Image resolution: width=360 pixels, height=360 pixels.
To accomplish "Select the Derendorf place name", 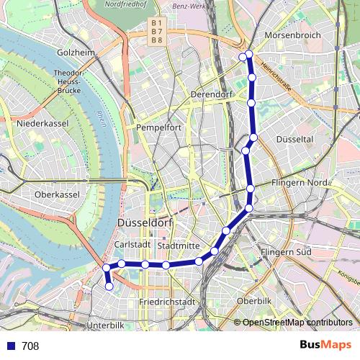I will click(x=210, y=94).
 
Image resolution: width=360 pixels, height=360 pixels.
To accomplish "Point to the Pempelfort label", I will click(x=158, y=127).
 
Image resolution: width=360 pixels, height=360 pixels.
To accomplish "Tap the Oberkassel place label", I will click(x=55, y=194).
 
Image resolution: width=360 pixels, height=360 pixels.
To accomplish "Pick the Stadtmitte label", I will click(x=178, y=246).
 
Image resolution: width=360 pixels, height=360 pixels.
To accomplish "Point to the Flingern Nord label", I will click(x=300, y=183).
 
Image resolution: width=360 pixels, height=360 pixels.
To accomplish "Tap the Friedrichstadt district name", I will click(x=167, y=302).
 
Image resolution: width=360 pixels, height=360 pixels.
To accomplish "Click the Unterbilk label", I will click(x=105, y=325).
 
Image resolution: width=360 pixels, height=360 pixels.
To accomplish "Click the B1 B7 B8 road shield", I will click(x=156, y=32).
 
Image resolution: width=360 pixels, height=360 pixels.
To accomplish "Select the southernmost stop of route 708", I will click(x=109, y=287).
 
